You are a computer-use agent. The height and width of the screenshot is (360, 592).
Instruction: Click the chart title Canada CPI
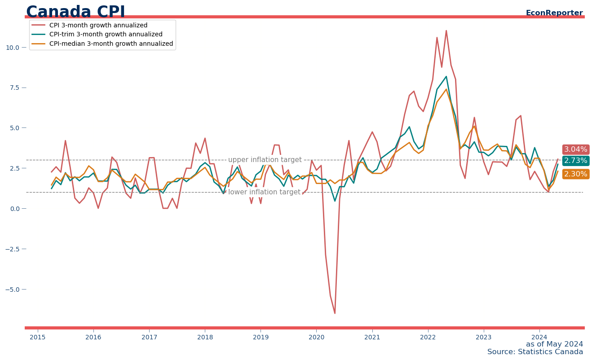75,12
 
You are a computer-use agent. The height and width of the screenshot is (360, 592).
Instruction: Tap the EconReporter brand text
554,13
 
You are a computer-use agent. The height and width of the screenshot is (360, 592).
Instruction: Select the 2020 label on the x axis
316,337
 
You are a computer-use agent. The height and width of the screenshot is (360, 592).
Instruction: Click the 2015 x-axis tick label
38,337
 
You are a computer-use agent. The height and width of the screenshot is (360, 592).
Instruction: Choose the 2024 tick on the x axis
539,337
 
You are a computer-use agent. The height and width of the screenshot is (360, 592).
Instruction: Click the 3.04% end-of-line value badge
575,149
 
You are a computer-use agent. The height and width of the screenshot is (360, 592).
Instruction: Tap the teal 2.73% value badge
575,161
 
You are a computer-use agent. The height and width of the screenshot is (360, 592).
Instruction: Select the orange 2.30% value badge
575,174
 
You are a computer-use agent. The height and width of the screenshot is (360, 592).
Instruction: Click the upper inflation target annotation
265,160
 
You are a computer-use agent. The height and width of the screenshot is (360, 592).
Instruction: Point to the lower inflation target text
264,192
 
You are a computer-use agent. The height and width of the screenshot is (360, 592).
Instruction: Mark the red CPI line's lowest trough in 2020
335,313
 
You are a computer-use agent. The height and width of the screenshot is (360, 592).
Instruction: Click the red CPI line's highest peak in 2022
446,31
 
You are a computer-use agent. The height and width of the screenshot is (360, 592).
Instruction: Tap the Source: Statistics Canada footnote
535,352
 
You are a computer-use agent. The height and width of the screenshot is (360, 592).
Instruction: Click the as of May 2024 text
554,344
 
